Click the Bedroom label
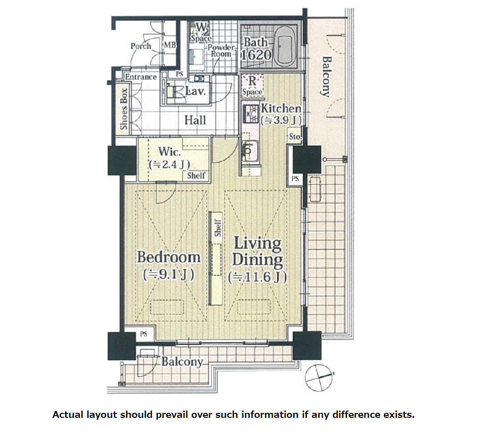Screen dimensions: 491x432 coord(169,257)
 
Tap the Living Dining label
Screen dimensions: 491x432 coord(257,252)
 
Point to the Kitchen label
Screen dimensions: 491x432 coord(281,108)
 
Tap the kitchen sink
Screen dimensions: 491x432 coord(250,150)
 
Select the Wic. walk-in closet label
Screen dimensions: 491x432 coord(169,152)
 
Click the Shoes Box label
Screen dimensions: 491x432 coord(124,109)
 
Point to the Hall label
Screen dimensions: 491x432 coord(195,120)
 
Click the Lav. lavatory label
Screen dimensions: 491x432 coord(195,91)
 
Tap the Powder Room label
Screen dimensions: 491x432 coord(221,51)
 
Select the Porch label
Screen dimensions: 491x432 coord(141,46)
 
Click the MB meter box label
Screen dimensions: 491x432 coord(170,45)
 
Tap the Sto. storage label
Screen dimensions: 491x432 coord(295,137)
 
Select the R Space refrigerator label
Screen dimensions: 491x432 coord(252,86)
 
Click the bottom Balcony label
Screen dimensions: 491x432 coord(182,362)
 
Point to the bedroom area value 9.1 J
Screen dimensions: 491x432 coord(169,274)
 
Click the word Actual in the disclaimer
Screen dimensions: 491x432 coord(68,415)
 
